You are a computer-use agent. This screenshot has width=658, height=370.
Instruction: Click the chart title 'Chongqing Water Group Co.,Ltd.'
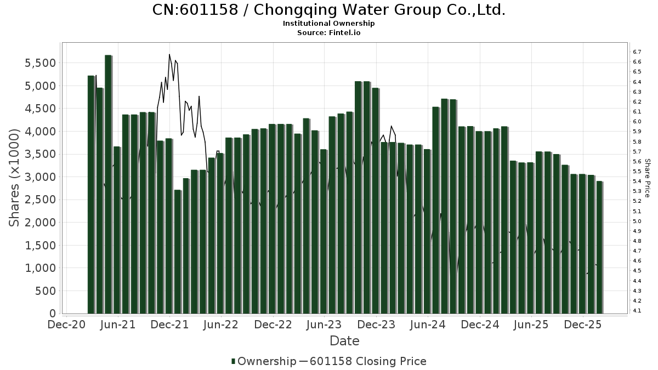[x=328, y=10]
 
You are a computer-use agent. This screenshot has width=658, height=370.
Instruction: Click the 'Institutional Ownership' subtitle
[x=328, y=24]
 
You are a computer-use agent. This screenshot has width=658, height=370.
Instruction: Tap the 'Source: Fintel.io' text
[x=328, y=32]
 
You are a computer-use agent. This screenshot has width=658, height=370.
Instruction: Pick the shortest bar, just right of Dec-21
[x=177, y=252]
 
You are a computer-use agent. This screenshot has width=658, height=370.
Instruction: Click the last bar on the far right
[x=599, y=247]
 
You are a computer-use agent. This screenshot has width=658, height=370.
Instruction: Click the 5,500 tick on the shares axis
[x=40, y=63]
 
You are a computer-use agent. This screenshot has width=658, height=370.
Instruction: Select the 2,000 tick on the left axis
[x=40, y=223]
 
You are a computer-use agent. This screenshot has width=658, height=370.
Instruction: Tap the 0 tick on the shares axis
[x=52, y=314]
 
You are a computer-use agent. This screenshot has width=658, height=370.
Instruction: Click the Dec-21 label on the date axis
[x=170, y=325]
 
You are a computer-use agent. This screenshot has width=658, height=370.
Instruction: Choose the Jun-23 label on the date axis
[x=325, y=325]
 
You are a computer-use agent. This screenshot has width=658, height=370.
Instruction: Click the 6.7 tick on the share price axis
[x=637, y=52]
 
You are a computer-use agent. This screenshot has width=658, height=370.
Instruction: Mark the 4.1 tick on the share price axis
[x=637, y=311]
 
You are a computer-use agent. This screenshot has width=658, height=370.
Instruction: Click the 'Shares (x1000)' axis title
[x=15, y=177]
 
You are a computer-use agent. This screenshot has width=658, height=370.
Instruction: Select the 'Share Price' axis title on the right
[x=647, y=178]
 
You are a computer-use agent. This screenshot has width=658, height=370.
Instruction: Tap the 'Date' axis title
[x=344, y=341]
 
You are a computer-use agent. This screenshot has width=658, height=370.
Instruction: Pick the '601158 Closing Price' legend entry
[x=368, y=361]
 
